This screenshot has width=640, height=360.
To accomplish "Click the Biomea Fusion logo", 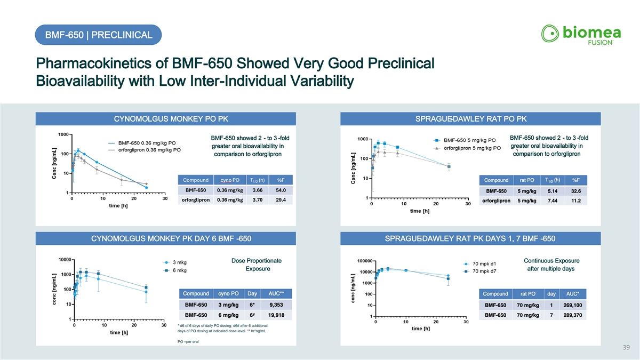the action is pyautogui.click(x=581, y=35).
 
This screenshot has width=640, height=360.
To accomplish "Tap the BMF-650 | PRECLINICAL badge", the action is pyautogui.click(x=98, y=35).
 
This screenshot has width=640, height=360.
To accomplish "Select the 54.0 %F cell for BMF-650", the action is pyautogui.click(x=281, y=190).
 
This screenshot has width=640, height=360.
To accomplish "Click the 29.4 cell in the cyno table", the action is pyautogui.click(x=281, y=200).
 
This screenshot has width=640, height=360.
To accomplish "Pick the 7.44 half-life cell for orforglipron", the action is pyautogui.click(x=553, y=201).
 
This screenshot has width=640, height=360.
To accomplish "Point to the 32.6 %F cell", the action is pyautogui.click(x=575, y=191).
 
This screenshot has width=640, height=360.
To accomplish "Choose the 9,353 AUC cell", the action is pyautogui.click(x=276, y=305).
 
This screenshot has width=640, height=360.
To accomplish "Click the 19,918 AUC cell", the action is pyautogui.click(x=276, y=315).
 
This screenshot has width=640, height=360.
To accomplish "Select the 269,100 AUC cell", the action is pyautogui.click(x=573, y=305).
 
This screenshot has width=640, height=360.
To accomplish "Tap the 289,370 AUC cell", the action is pyautogui.click(x=573, y=315).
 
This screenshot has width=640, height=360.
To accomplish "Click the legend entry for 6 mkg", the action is pyautogui.click(x=175, y=270).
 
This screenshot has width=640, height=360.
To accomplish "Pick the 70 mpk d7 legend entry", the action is pyautogui.click(x=479, y=271).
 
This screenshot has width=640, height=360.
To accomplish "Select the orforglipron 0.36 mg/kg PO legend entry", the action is pyautogui.click(x=145, y=150).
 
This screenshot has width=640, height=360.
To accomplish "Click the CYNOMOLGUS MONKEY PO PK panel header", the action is pyautogui.click(x=166, y=119).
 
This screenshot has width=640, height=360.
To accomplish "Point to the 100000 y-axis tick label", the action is pyautogui.click(x=365, y=261).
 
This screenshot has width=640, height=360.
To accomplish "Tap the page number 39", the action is pyautogui.click(x=626, y=347).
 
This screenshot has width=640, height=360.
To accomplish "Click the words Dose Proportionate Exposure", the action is pyautogui.click(x=257, y=265).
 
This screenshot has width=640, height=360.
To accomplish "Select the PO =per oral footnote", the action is pyautogui.click(x=188, y=342).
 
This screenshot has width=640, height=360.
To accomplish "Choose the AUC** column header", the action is pyautogui.click(x=276, y=294).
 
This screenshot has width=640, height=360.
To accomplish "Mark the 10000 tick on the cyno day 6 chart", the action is pyautogui.click(x=65, y=260).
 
